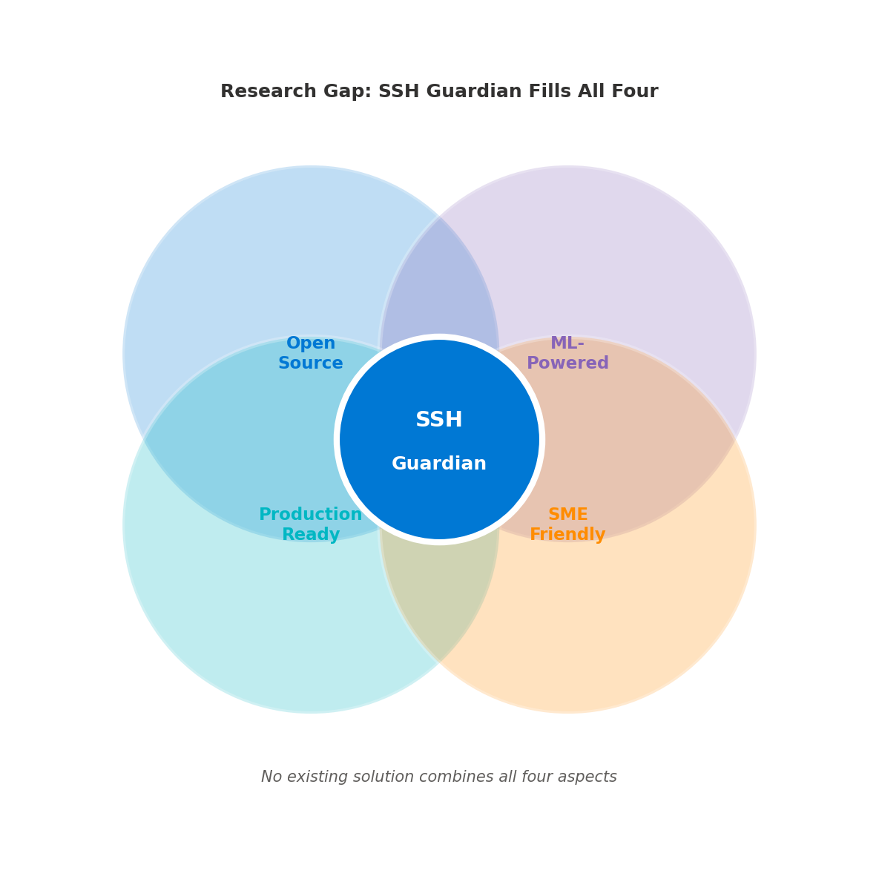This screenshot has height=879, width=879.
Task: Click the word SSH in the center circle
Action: pos(438,420)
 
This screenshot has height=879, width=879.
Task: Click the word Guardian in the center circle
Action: pos(438,464)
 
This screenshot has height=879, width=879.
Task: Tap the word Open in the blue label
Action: pos(310,343)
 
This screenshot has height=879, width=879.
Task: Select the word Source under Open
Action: pos(310,363)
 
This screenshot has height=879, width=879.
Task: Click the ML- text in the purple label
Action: pos(567,343)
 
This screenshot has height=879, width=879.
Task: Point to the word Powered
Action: pos(567,363)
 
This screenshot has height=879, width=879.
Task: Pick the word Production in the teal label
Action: pos(310,514)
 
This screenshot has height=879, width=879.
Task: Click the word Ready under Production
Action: pos(310,534)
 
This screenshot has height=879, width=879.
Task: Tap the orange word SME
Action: pos(567,514)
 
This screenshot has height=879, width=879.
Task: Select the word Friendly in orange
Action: pos(567,534)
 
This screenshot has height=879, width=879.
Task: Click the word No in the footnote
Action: pos(270,777)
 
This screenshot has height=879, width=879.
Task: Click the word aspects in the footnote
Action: pos(589,777)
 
